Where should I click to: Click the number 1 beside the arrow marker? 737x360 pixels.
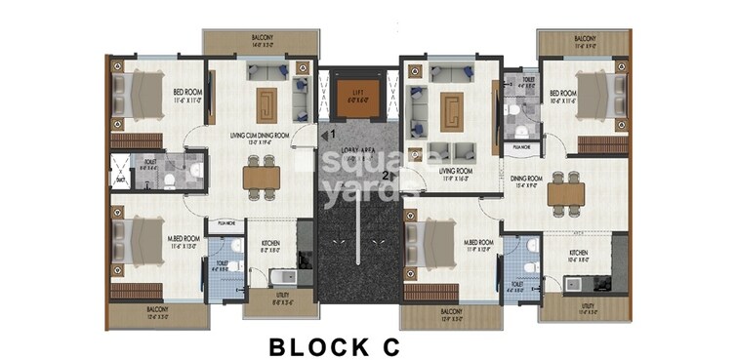(x=332, y=133)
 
